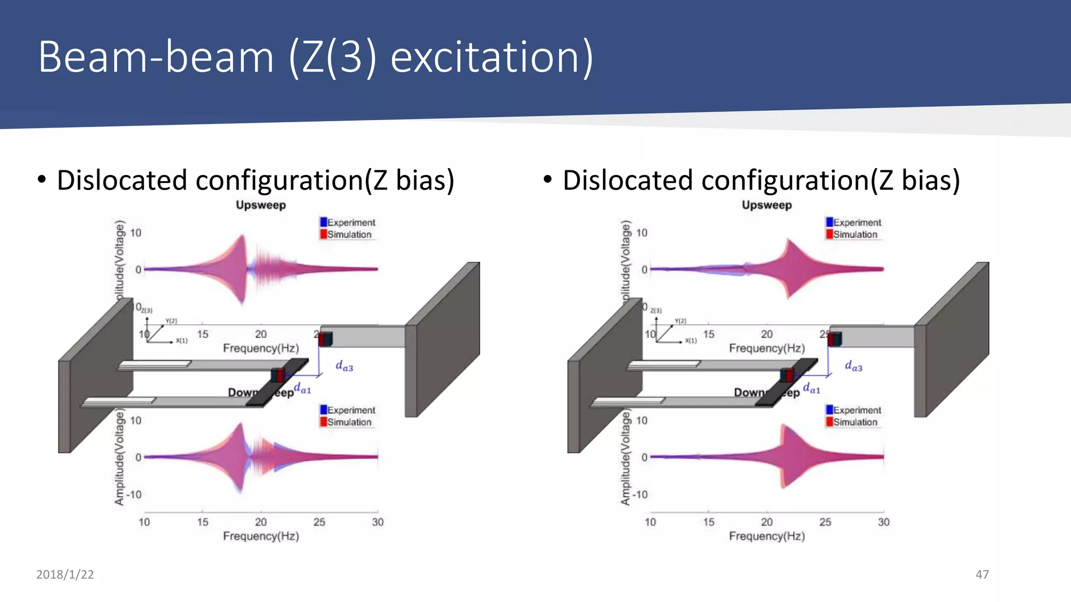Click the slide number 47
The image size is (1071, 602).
click(982, 574)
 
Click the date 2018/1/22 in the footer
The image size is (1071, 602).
click(65, 574)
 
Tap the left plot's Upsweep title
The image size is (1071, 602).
click(260, 205)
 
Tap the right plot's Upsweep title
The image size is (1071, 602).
click(767, 205)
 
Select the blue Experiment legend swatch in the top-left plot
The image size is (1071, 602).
click(323, 222)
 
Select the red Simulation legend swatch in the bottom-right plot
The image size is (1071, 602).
click(829, 422)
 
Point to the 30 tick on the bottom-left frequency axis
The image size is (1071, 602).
click(378, 522)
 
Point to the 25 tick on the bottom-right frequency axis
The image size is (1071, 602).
click(825, 522)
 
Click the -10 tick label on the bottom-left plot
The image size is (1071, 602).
click(134, 494)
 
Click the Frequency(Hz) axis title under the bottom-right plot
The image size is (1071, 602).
click(767, 536)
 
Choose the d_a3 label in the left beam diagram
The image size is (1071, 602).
click(344, 366)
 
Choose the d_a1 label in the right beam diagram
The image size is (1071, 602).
click(811, 388)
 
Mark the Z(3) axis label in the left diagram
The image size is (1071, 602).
click(147, 310)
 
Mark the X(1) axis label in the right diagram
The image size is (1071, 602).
click(691, 341)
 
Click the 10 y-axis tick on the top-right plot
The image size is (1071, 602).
click(642, 233)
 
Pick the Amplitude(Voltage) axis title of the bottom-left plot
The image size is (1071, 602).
click(119, 457)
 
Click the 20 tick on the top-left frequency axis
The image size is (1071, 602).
click(260, 334)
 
